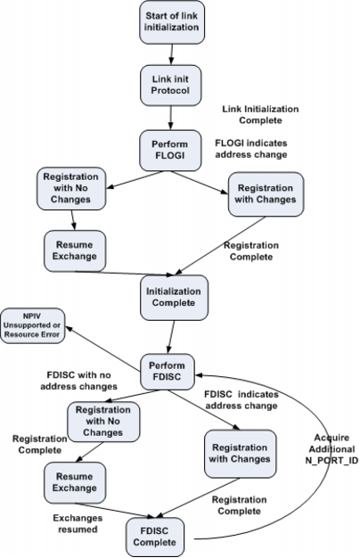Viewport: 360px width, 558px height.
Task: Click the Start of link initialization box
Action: point(172,22)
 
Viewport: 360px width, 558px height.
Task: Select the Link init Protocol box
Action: point(171,86)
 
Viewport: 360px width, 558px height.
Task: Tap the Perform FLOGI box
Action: point(170,151)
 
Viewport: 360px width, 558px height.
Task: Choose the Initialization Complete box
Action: point(174,298)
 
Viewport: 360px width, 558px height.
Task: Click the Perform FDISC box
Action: point(168,372)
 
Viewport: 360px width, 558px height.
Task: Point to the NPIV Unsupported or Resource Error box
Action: point(32,325)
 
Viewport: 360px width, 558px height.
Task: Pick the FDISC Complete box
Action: point(155,537)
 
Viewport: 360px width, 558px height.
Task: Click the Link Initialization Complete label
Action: point(260,115)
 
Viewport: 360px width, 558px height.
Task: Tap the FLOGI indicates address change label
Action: point(251,149)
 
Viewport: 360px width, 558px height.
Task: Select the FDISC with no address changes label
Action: point(79,381)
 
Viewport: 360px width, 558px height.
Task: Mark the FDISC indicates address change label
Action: point(241,400)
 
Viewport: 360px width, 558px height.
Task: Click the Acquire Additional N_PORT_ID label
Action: point(331,449)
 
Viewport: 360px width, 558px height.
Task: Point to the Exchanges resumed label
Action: point(78,523)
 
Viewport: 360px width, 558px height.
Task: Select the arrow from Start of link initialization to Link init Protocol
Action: point(172,54)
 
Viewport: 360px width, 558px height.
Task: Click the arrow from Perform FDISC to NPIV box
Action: point(103,349)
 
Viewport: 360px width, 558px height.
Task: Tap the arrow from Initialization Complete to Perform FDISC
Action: point(171,337)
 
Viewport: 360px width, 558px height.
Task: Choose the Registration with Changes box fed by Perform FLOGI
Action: point(266,194)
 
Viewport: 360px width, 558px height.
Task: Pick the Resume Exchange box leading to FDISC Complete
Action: point(75,482)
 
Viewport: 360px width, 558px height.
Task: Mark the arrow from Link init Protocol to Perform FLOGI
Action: point(171,119)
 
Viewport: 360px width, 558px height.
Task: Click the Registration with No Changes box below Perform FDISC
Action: point(103,422)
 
